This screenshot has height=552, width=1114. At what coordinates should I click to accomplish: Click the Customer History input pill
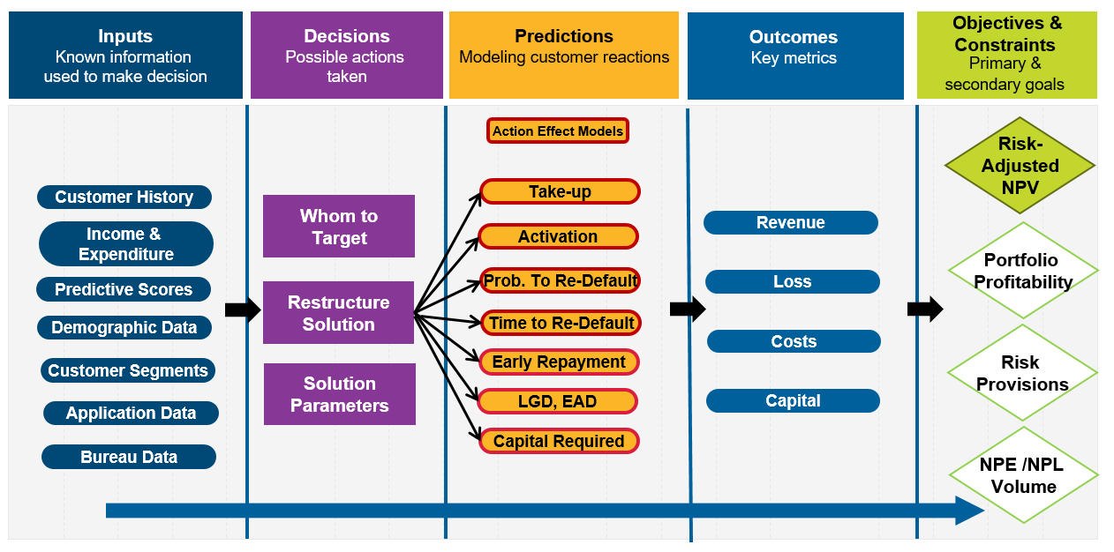point(124,197)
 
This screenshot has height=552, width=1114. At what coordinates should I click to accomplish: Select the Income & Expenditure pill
point(126,244)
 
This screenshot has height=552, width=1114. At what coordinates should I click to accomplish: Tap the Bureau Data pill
point(129,457)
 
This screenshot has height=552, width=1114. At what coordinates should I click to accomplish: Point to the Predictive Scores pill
point(124,289)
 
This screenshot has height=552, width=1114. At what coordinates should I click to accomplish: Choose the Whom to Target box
point(339,227)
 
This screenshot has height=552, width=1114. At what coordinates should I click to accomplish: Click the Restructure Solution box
point(339,313)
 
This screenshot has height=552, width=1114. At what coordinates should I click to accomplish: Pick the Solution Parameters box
point(340,394)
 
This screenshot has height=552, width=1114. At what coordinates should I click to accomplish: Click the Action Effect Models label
point(558,131)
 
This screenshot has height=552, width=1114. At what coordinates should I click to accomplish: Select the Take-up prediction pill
point(560,191)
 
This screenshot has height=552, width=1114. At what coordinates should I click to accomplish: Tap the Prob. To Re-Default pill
point(560,280)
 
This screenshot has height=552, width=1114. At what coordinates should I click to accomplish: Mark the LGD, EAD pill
point(558,401)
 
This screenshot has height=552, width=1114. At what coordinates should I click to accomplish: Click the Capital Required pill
point(559,441)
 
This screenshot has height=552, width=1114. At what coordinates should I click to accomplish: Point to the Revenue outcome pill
point(791,223)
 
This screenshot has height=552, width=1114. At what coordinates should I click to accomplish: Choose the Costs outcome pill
point(794,341)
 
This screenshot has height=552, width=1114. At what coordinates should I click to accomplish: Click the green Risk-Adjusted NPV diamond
point(1020,166)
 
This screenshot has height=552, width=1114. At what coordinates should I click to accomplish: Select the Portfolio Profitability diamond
point(1022,271)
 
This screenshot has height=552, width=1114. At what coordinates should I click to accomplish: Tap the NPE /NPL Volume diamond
point(1023,475)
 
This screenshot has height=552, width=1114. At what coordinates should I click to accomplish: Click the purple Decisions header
point(347,55)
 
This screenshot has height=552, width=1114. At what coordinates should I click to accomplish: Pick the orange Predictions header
point(564,55)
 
